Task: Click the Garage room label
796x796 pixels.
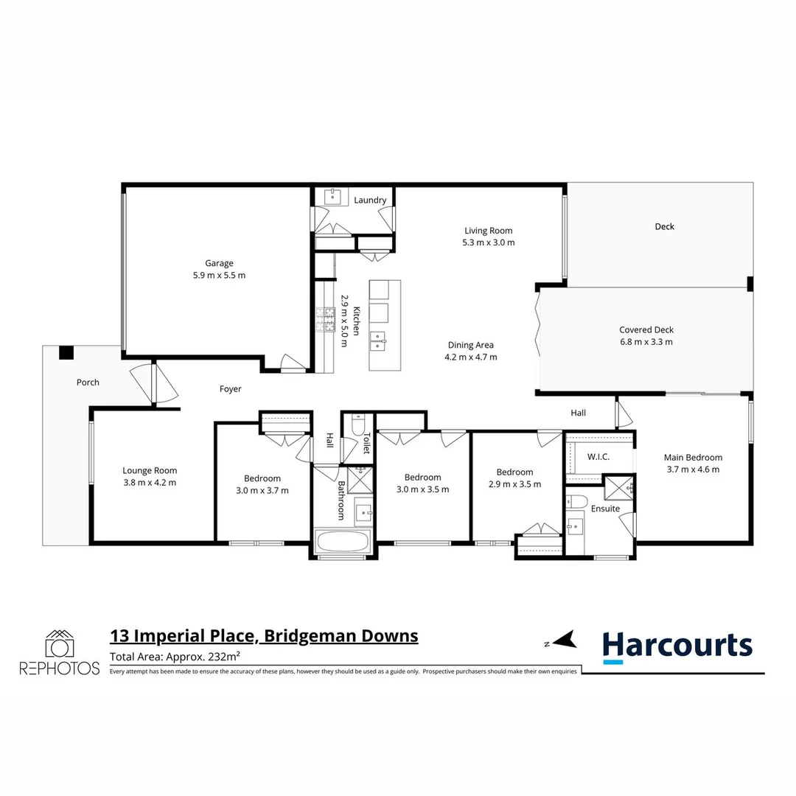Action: pyautogui.click(x=219, y=263)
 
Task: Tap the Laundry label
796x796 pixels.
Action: pyautogui.click(x=370, y=200)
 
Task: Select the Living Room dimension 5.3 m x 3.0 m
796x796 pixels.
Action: pyautogui.click(x=488, y=242)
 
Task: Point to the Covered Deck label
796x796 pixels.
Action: pyautogui.click(x=646, y=330)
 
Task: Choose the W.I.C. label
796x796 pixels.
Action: pyautogui.click(x=598, y=457)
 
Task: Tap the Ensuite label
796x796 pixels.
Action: pyautogui.click(x=604, y=509)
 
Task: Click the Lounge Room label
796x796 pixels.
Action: pyautogui.click(x=150, y=470)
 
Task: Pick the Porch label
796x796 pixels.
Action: pyautogui.click(x=88, y=382)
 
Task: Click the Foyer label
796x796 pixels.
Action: pyautogui.click(x=230, y=388)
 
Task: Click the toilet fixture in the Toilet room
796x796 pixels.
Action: pyautogui.click(x=357, y=426)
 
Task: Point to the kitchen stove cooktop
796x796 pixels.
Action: pyautogui.click(x=324, y=318)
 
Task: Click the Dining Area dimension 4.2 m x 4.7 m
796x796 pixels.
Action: pyautogui.click(x=470, y=357)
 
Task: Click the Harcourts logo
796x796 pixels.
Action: pyautogui.click(x=677, y=646)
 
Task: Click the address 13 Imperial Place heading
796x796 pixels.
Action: pyautogui.click(x=264, y=635)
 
